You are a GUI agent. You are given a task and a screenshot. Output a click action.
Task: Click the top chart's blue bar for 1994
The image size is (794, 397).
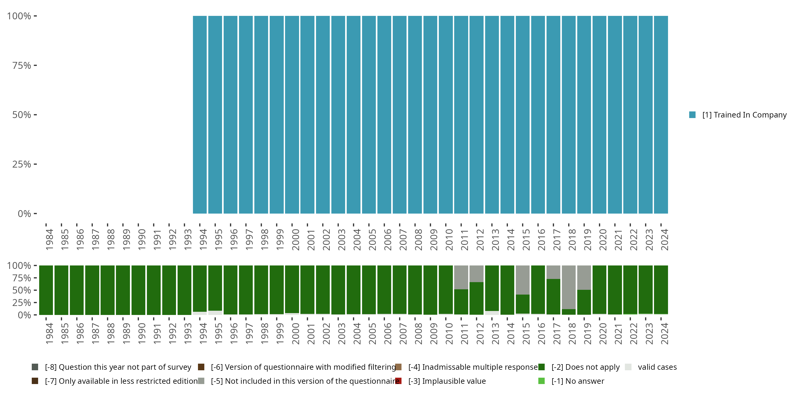(200, 115)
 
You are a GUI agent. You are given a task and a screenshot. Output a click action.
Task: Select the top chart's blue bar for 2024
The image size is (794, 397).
(661, 115)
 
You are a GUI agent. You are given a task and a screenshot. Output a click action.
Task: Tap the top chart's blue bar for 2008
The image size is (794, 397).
(415, 115)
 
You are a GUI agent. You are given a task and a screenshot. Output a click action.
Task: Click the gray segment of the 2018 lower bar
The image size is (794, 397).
(569, 287)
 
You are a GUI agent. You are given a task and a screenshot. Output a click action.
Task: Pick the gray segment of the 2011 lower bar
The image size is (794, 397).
(461, 277)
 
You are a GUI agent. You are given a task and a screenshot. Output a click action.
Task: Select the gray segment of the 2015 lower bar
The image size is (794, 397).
(522, 280)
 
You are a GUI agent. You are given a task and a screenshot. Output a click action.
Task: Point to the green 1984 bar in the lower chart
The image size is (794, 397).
(46, 290)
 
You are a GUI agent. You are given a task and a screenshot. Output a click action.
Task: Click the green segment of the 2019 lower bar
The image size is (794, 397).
(584, 302)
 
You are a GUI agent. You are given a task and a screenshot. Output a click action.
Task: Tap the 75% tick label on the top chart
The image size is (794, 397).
(22, 65)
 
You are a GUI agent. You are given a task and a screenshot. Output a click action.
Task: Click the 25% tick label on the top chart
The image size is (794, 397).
(22, 164)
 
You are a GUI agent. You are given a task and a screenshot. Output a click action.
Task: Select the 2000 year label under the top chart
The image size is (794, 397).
(295, 240)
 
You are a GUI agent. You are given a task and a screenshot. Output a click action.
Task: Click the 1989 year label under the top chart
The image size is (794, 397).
(126, 240)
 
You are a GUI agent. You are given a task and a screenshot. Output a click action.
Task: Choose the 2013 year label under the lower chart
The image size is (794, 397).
(495, 334)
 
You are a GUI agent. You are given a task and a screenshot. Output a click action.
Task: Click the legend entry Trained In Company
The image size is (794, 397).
(744, 115)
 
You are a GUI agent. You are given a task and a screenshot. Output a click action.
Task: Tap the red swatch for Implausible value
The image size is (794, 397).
(398, 381)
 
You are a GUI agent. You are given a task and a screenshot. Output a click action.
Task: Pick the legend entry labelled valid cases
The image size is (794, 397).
(657, 367)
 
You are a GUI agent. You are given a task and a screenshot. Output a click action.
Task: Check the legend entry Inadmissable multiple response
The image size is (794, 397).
(473, 367)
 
